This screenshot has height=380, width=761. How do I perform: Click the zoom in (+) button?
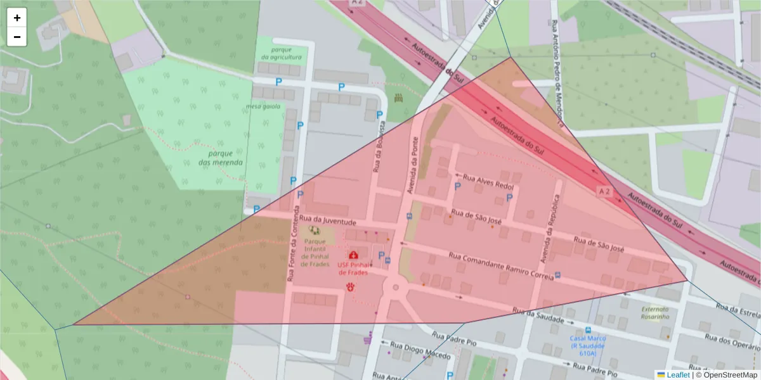(17, 18)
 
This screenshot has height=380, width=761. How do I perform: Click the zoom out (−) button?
(17, 37)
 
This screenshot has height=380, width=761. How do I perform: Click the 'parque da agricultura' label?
(281, 53)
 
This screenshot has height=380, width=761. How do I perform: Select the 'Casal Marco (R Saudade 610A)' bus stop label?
(587, 345)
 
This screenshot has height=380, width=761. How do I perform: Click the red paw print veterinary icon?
(350, 287)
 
